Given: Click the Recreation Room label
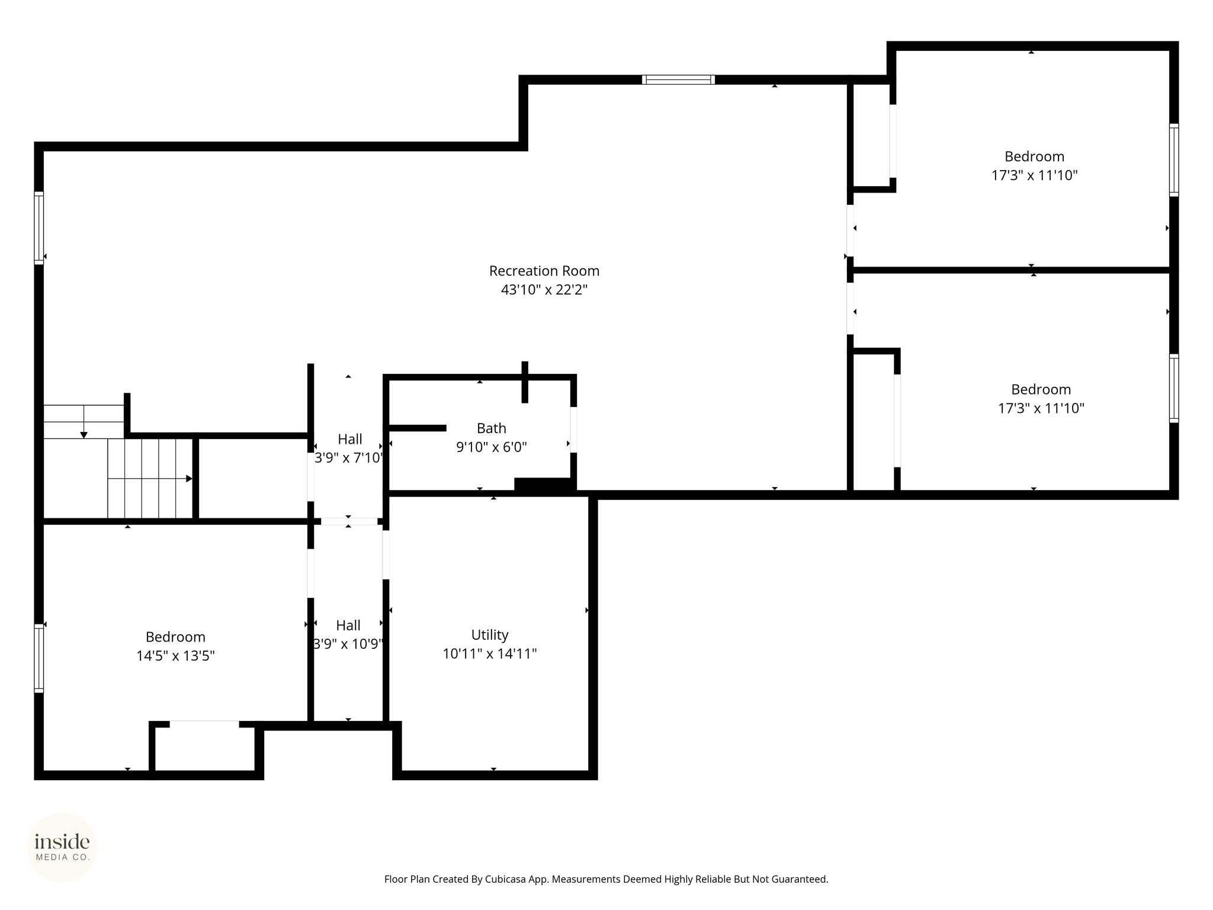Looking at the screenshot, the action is coord(544,271).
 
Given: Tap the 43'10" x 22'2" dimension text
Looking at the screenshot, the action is coord(544,290).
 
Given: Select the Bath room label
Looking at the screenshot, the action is coord(492,428).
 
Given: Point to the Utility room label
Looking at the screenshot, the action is coord(490,635).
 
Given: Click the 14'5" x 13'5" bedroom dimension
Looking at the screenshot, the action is coord(175,656).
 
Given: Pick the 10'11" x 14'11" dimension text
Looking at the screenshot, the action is coord(490,653).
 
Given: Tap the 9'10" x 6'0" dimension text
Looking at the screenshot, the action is coord(492,447).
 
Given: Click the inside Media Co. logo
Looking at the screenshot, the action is coord(62,847).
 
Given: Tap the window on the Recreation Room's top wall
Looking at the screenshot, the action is coord(678,79).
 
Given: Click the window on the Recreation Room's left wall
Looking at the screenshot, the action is coord(39,227).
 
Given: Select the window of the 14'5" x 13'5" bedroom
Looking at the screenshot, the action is coord(39,658).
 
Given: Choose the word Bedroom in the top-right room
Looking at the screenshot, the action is coord(1034,156).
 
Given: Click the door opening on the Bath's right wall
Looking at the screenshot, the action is coord(573,430).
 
